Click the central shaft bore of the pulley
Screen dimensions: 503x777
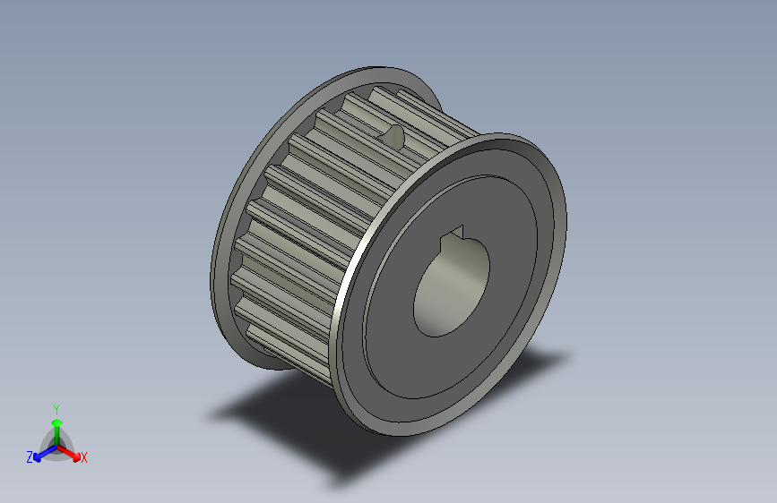click(450, 292)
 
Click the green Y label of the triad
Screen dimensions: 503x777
click(56, 407)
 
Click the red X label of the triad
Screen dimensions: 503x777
click(84, 457)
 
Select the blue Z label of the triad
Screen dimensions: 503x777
click(29, 457)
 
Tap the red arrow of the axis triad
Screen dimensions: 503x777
click(73, 452)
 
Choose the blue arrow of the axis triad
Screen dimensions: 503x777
click(39, 453)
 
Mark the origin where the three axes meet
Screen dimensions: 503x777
click(56, 445)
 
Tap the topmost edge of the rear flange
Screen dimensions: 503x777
click(376, 68)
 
